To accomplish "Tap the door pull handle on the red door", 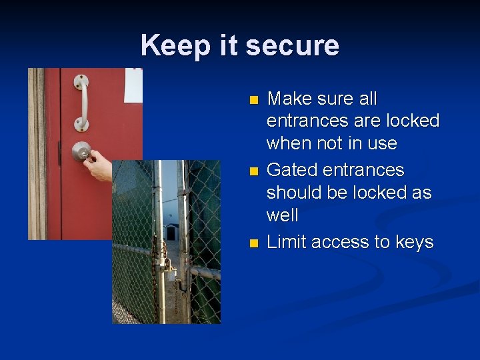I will [81, 103].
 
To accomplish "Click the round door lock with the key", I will [81, 151].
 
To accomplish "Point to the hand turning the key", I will [100, 165].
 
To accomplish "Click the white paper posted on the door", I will [133, 84].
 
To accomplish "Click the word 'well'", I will [282, 215].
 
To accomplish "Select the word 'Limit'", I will [286, 242].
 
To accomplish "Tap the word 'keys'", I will [413, 242].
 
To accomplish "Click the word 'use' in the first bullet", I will [382, 144].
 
